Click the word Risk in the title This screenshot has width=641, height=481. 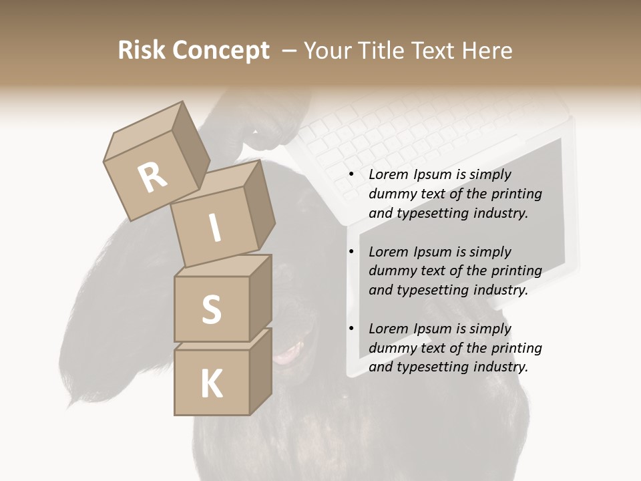click(x=142, y=51)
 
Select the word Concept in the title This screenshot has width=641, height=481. click(x=221, y=51)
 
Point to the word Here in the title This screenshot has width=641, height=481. click(x=487, y=51)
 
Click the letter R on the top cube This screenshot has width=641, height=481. click(x=152, y=177)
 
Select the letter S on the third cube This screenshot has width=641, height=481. click(x=211, y=309)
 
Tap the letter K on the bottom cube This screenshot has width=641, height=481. click(x=211, y=383)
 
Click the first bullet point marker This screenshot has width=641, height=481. click(x=351, y=175)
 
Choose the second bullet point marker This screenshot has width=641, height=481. click(x=351, y=253)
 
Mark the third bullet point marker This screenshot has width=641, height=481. click(x=351, y=329)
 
